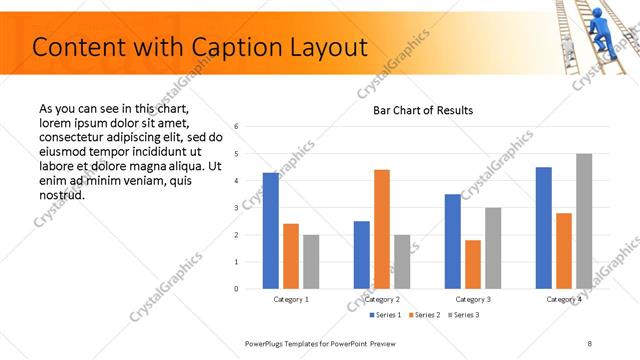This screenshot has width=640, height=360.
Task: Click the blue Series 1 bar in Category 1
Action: (271, 231)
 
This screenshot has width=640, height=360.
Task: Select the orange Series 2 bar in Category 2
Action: (382, 229)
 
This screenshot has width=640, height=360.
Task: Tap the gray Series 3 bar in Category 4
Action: (584, 221)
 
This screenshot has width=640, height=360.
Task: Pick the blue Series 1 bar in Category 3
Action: (453, 241)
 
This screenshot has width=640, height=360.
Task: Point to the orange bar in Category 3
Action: (473, 264)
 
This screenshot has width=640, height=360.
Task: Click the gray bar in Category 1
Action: (311, 261)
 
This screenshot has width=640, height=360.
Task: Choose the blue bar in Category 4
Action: (544, 228)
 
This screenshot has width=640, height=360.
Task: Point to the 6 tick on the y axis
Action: (235, 127)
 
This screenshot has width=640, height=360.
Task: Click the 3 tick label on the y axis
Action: (235, 208)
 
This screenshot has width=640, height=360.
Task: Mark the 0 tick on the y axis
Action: (235, 289)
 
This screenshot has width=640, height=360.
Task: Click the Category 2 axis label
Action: (382, 300)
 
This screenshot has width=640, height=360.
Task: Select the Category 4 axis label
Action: (564, 300)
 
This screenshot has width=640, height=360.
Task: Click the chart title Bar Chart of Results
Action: (423, 110)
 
